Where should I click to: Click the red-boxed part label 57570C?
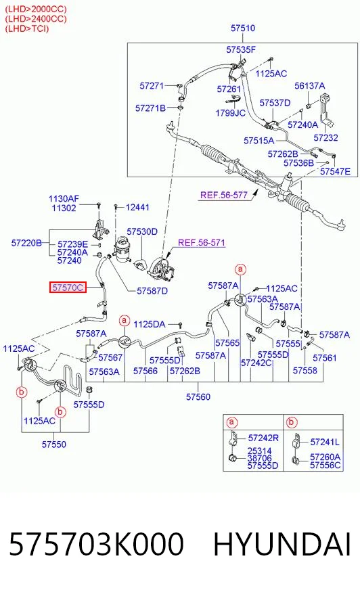click(x=68, y=288)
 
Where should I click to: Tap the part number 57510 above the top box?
click(x=243, y=28)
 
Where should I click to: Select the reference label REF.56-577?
click(x=224, y=195)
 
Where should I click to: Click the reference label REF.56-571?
click(x=201, y=242)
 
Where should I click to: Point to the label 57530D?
click(x=142, y=232)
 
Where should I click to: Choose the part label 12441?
click(x=137, y=207)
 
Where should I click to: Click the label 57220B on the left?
click(x=26, y=243)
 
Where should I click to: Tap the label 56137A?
click(x=310, y=86)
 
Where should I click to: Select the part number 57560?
click(x=198, y=396)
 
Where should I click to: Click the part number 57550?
click(x=53, y=445)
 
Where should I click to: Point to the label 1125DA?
click(x=150, y=324)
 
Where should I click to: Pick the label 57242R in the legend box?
click(x=263, y=438)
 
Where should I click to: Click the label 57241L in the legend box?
click(x=325, y=442)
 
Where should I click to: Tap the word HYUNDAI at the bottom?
click(x=282, y=544)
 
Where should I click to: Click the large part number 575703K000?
click(x=96, y=544)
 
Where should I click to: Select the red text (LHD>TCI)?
click(x=26, y=28)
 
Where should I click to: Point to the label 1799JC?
click(x=230, y=113)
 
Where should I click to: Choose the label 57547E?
click(x=335, y=172)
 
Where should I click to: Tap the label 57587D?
click(x=152, y=291)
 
